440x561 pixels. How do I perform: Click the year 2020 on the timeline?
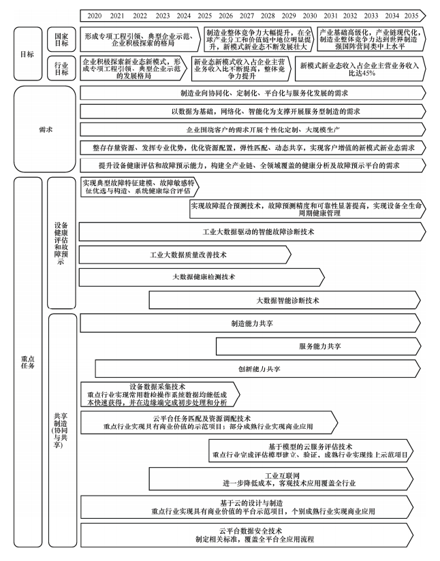coord(95,14)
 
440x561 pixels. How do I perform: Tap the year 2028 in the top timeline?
coord(268,14)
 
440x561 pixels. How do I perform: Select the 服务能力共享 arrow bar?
coord(320,347)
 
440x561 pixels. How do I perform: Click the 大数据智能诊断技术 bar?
coord(287,300)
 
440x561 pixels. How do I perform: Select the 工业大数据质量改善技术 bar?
coord(188,255)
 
